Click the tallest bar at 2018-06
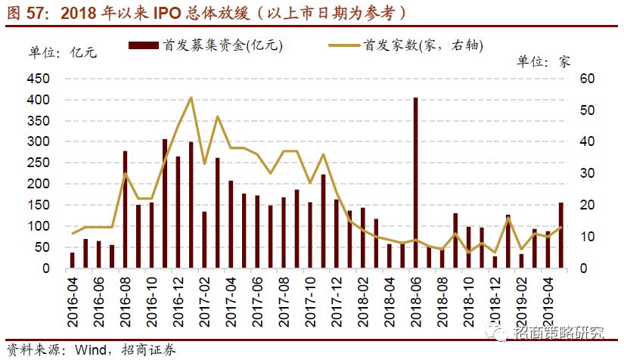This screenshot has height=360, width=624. [415, 183]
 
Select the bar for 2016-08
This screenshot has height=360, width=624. [125, 209]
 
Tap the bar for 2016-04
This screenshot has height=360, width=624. [72, 260]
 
